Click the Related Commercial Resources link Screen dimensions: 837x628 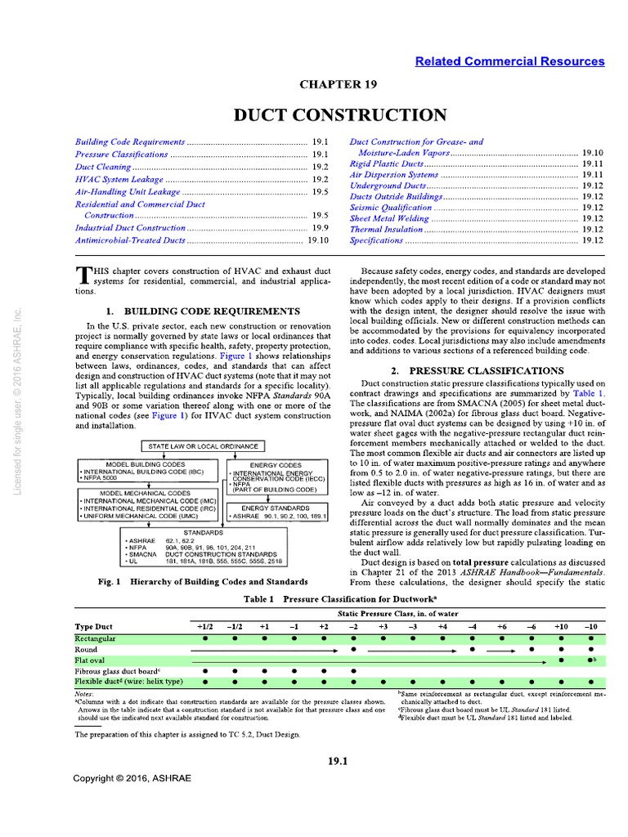510,61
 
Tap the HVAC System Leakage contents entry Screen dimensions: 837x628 119,179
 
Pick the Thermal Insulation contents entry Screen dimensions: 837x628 387,230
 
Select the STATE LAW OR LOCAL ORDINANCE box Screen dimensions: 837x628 204,446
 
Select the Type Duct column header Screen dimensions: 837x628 92,626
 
